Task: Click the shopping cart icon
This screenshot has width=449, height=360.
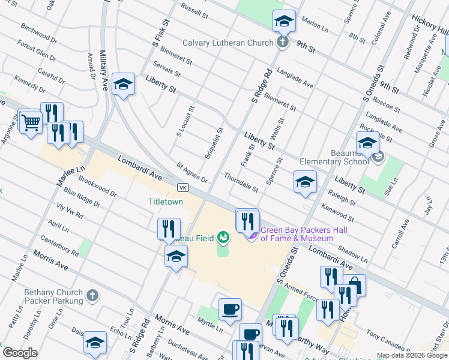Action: [x=30, y=122]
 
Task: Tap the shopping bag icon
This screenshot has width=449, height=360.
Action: [x=354, y=285]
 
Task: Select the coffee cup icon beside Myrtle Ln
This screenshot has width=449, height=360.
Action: [x=231, y=310]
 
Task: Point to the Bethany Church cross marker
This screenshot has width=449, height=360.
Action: [x=91, y=295]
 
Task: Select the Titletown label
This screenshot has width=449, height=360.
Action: [x=166, y=202]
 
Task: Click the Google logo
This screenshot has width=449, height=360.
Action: [x=20, y=353]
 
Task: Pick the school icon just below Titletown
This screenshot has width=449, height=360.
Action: [x=176, y=256]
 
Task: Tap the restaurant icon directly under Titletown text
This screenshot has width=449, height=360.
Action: [x=169, y=229]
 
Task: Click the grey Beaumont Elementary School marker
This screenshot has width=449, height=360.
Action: [x=378, y=157]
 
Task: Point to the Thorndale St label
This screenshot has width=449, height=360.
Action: [x=241, y=183]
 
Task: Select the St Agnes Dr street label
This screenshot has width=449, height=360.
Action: [x=192, y=172]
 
